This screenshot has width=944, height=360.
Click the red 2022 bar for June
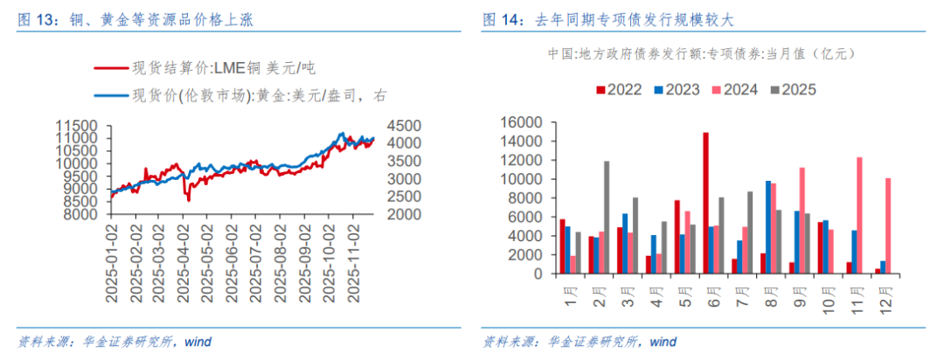(705, 203)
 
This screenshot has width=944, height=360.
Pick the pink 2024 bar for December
(889, 225)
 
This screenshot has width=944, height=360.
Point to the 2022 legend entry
(619, 89)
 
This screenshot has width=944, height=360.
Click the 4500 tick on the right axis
(398, 125)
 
